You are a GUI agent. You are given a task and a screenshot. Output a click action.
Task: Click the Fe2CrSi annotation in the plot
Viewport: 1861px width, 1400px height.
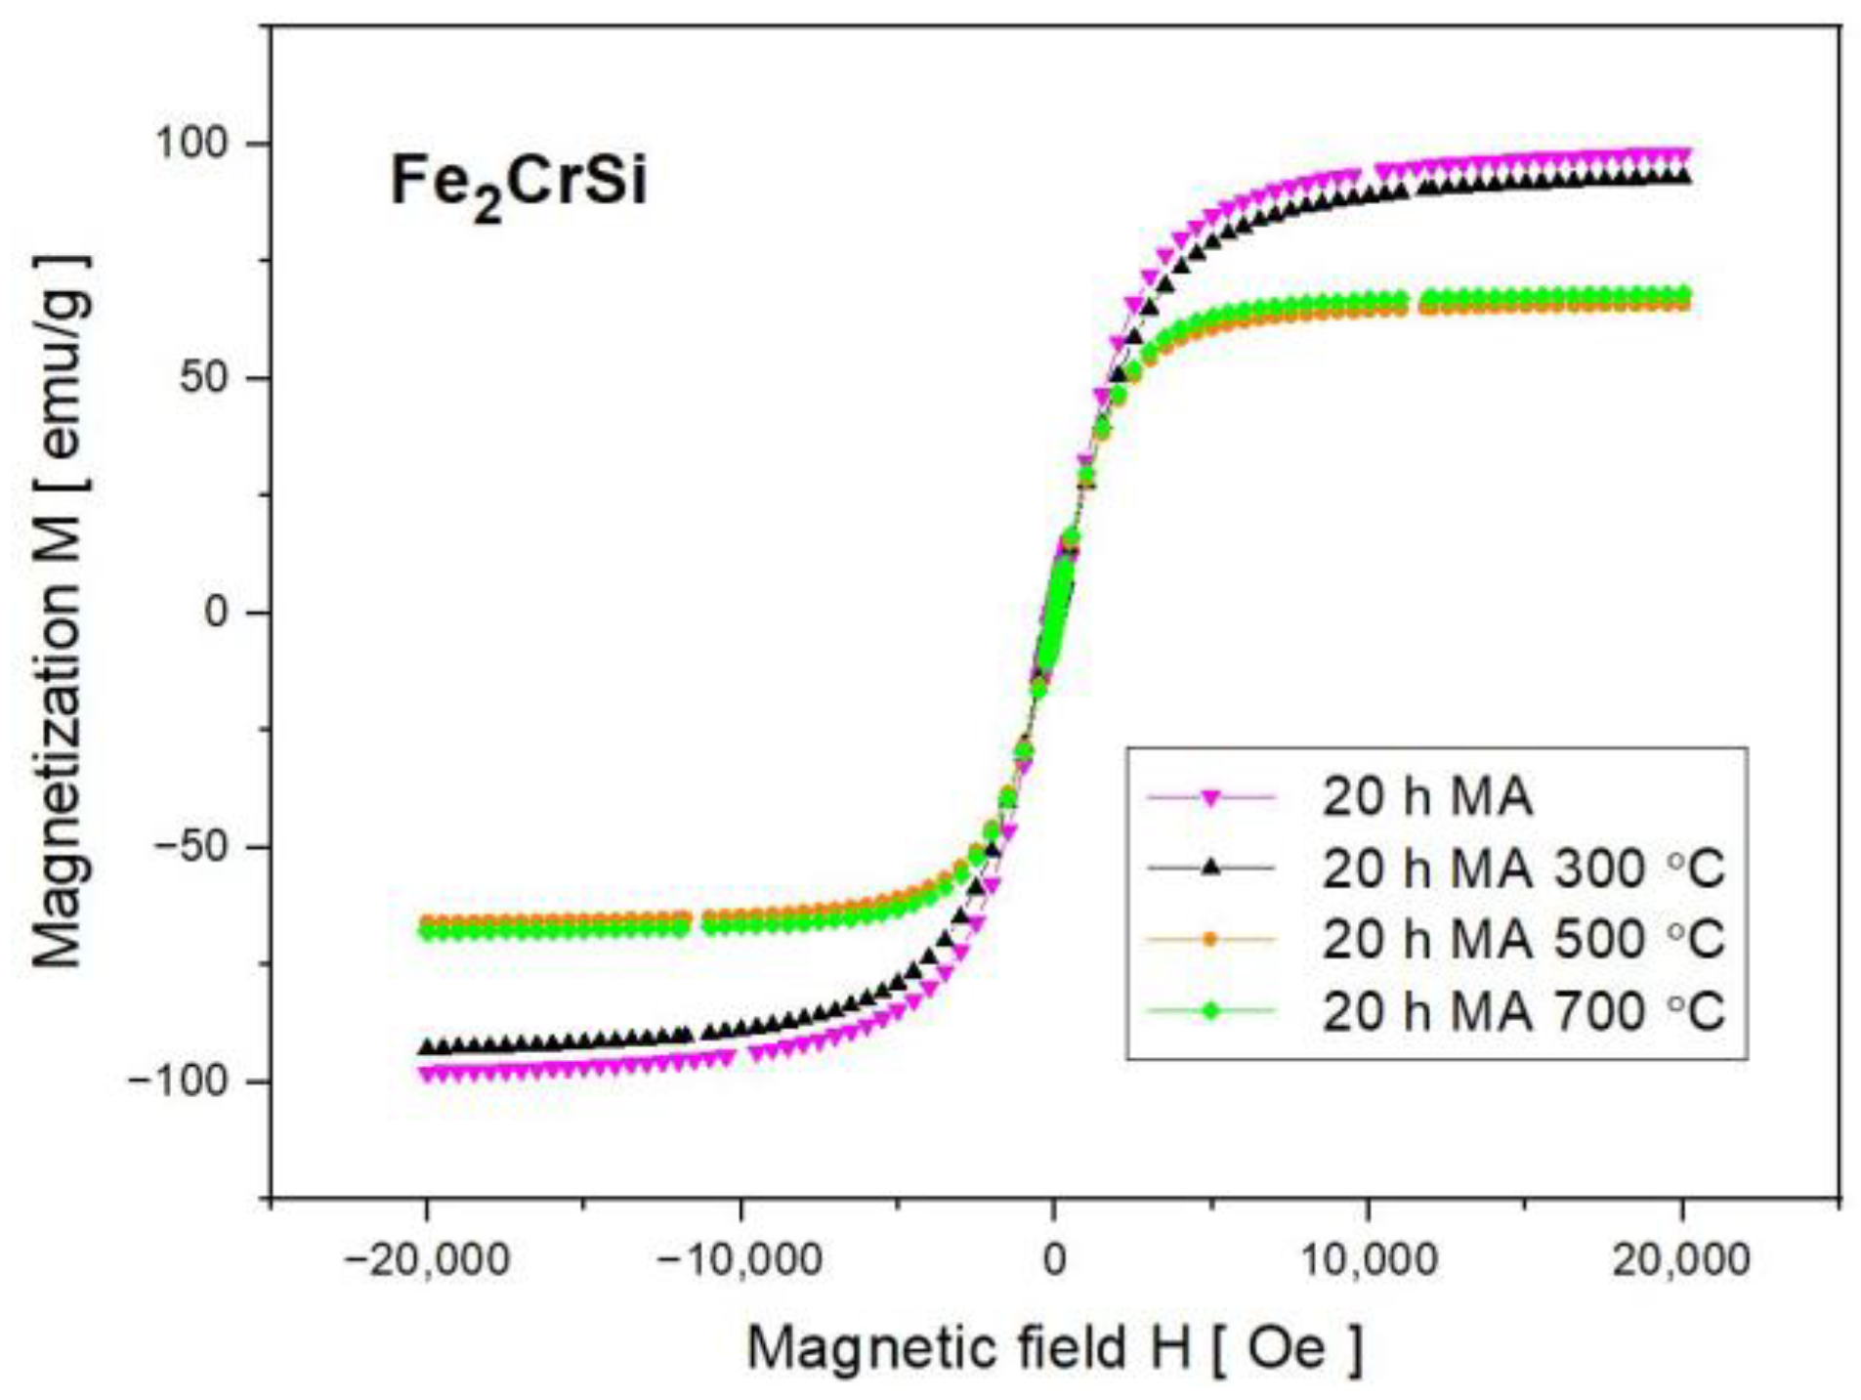518,183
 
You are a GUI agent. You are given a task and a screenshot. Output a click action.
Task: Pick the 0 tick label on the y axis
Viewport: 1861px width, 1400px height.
217,613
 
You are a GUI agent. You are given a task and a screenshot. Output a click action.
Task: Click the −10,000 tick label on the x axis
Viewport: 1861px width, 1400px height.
740,1259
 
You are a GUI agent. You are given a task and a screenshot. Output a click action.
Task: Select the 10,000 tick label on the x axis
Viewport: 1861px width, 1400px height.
1368,1259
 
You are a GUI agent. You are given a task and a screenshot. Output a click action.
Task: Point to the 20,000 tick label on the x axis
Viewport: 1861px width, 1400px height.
1680,1259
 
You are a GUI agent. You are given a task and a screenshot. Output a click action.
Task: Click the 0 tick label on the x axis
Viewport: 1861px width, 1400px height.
1053,1259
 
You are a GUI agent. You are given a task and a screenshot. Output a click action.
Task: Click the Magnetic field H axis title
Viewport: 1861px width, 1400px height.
1053,1348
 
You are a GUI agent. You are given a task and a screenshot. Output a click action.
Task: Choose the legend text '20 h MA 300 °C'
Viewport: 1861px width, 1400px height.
1522,868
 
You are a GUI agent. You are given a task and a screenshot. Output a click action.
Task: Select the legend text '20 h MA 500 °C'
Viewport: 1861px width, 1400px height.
1522,939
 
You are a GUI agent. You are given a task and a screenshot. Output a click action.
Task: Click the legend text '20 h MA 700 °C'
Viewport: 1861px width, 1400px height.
1522,1010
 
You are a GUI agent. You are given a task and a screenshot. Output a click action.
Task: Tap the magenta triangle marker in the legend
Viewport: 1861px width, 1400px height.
1210,798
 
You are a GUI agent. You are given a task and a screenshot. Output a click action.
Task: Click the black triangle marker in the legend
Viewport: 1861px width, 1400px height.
1210,868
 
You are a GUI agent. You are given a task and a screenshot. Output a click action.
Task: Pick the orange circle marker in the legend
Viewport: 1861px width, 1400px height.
1210,939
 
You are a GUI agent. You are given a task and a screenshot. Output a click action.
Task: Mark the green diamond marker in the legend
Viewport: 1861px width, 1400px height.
1210,1010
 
